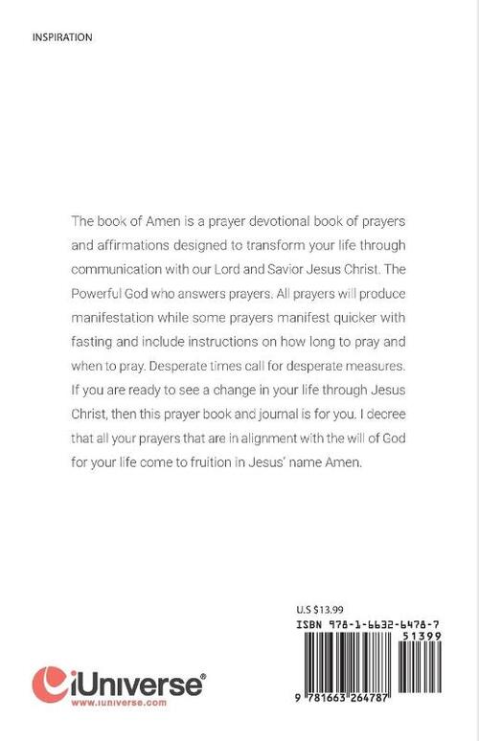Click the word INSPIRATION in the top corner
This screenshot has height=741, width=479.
pos(61,37)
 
